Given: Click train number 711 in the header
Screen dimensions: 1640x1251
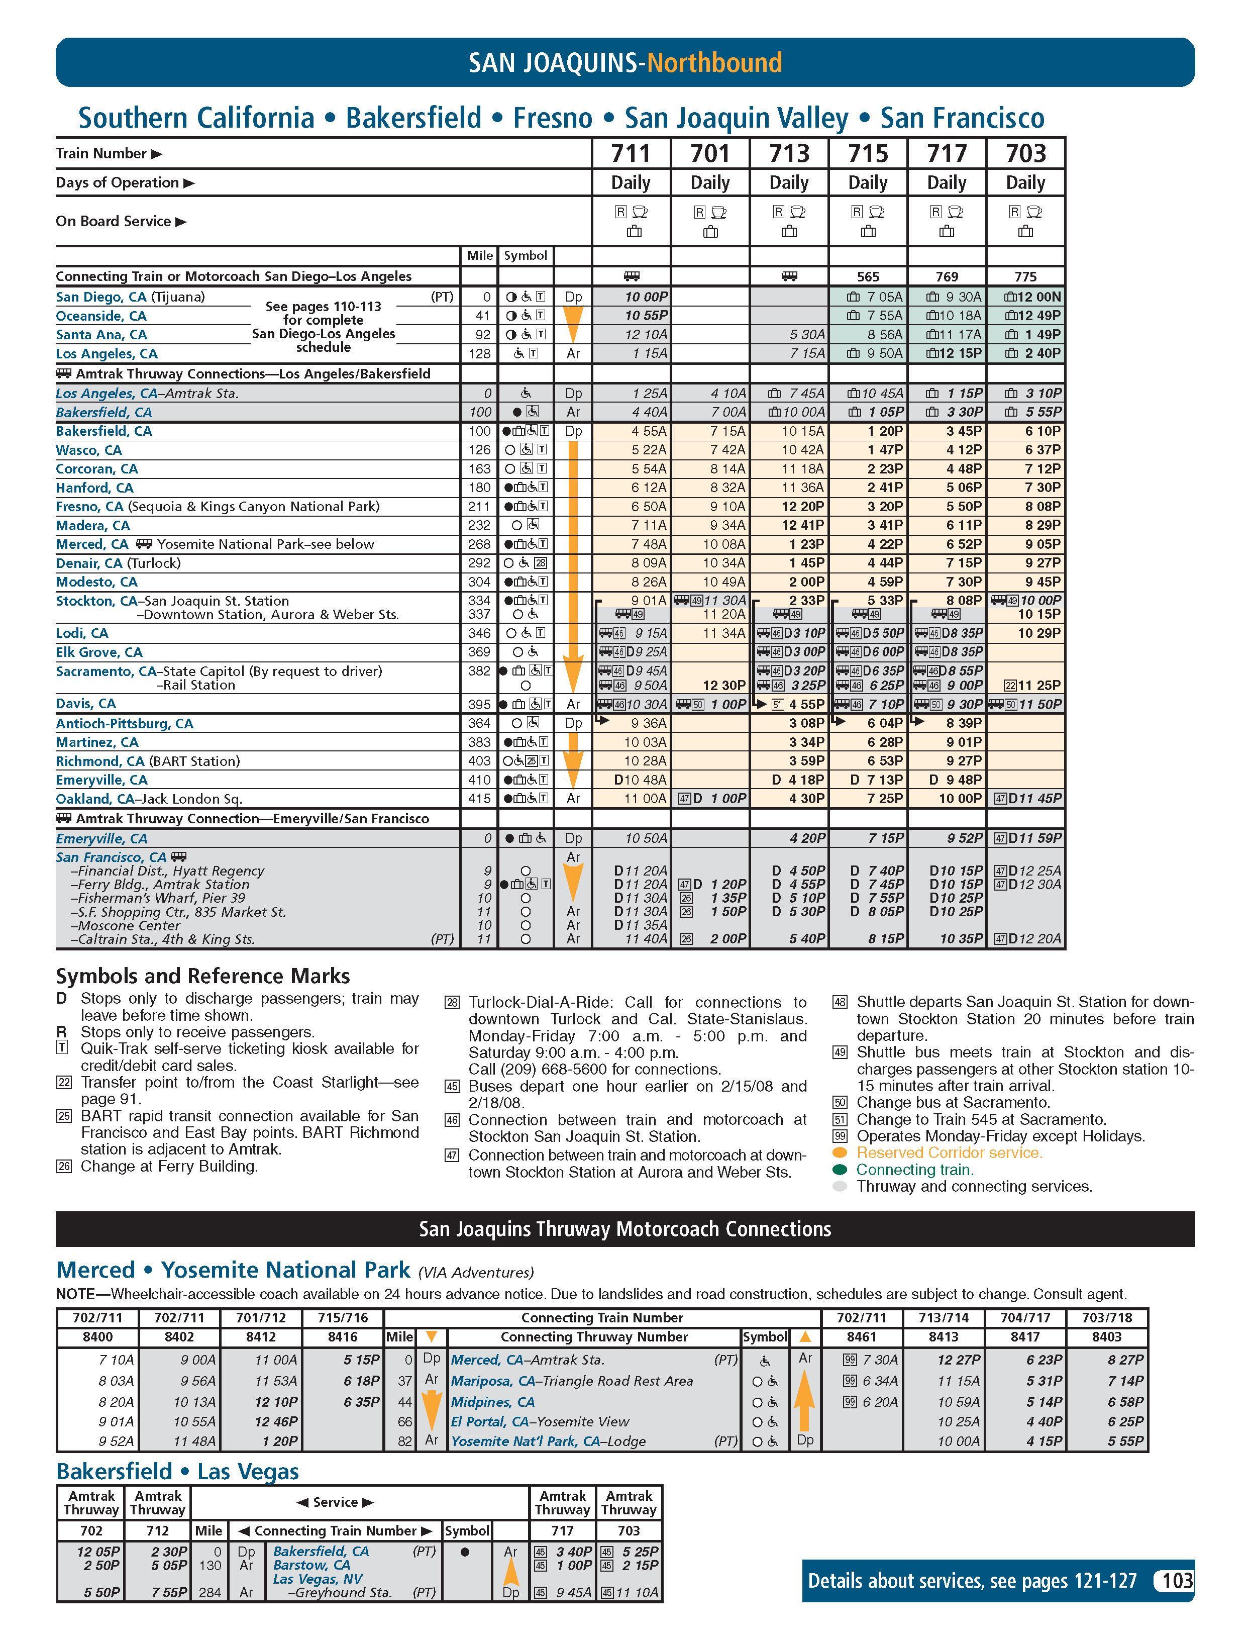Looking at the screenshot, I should click(x=631, y=153).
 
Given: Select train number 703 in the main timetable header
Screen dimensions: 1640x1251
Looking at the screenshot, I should click(x=1025, y=153).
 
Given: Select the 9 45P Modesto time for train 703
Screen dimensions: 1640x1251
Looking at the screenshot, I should click(x=1043, y=582).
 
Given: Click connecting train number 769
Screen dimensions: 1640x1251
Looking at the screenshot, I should click(x=947, y=276).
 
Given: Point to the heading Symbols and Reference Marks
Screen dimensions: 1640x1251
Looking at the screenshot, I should click(x=202, y=976).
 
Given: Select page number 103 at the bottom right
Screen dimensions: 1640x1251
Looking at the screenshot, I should click(x=1177, y=1580).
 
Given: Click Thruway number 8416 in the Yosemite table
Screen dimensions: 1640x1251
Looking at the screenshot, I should click(x=343, y=1337).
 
